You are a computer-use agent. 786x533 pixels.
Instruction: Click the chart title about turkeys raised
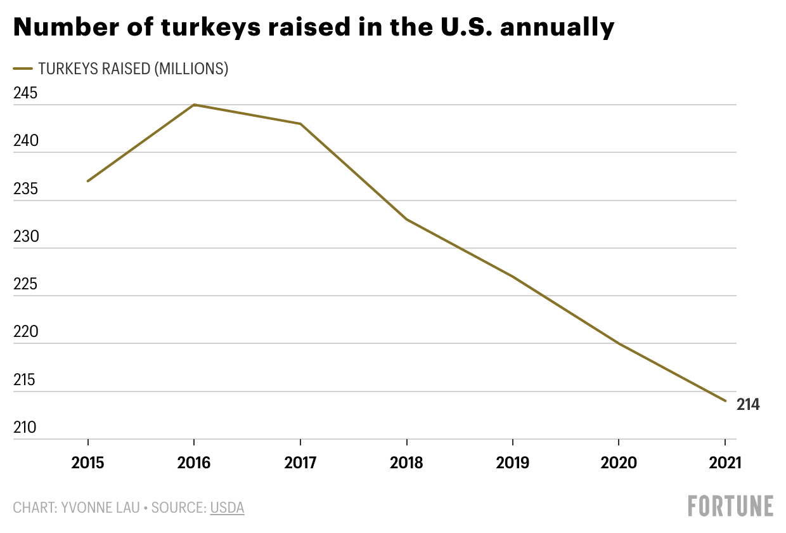(314, 27)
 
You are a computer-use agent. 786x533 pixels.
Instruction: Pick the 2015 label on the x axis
(87, 462)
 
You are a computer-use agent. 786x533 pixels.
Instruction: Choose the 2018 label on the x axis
(406, 462)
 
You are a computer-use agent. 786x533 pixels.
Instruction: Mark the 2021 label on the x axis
(725, 462)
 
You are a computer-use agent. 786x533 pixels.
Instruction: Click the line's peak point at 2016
(194, 105)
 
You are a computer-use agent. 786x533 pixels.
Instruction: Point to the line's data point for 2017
(300, 124)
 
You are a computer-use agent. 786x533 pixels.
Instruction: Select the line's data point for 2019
(512, 277)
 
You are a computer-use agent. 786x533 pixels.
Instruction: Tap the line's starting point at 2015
(87, 181)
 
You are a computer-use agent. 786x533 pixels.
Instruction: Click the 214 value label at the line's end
(748, 404)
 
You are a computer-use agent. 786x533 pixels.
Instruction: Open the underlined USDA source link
(227, 508)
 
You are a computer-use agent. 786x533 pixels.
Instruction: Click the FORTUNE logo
(731, 506)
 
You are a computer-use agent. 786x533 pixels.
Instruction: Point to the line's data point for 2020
(619, 343)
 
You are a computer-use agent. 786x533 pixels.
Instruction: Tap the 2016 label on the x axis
(194, 462)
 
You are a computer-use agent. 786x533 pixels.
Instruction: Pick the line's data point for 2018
(406, 220)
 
